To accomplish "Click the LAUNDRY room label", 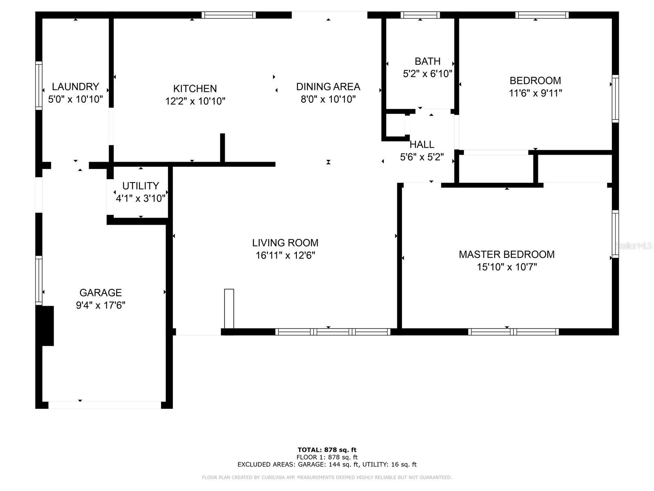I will [x=75, y=87].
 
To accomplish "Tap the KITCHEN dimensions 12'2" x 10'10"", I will [x=195, y=101].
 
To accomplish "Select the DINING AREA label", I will [x=328, y=87].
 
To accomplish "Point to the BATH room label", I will [x=428, y=61].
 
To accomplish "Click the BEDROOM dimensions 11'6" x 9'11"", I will [x=535, y=93].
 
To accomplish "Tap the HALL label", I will [x=422, y=144].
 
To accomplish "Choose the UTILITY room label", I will [x=140, y=186].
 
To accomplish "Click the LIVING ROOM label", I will [x=285, y=243].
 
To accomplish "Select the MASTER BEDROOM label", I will [x=506, y=255].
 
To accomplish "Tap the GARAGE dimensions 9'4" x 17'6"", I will [x=101, y=305].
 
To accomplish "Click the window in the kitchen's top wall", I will [x=228, y=15].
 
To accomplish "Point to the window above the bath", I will [x=420, y=15].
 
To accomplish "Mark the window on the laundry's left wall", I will [x=39, y=85].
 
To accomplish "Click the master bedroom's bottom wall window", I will [x=513, y=332].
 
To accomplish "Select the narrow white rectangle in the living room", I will [x=229, y=309].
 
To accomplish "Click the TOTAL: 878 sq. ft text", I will [x=327, y=450].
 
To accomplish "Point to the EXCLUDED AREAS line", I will [x=327, y=464].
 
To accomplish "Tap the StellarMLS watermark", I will [x=634, y=245].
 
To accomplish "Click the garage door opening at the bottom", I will [x=105, y=405].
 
